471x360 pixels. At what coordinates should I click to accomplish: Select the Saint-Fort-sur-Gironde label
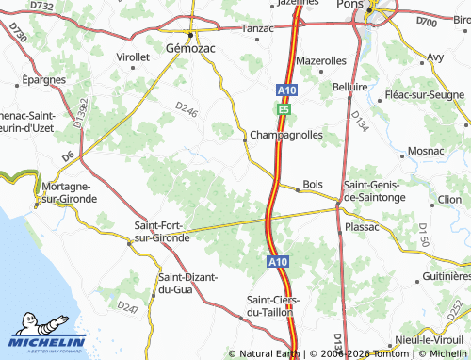pyautogui.click(x=162, y=232)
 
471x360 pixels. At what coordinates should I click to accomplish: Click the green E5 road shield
pyautogui.click(x=283, y=110)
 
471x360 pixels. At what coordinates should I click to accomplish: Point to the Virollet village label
pyautogui.click(x=133, y=57)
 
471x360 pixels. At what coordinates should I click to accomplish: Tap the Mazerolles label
pyautogui.click(x=321, y=60)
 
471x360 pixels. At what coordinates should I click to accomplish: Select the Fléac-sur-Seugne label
pyautogui.click(x=425, y=96)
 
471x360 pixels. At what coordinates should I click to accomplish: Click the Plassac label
pyautogui.click(x=363, y=227)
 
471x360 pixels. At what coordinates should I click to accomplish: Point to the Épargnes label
pyautogui.click(x=43, y=80)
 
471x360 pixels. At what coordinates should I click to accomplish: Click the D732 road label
pyautogui.click(x=41, y=6)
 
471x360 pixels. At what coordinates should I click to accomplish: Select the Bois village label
pyautogui.click(x=313, y=185)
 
